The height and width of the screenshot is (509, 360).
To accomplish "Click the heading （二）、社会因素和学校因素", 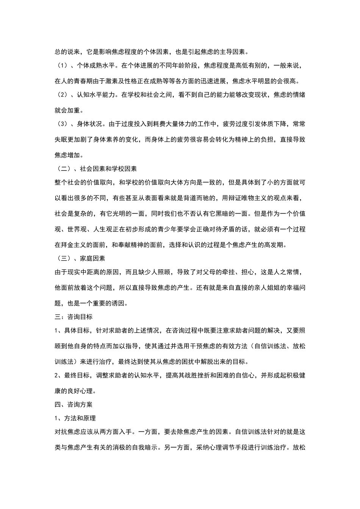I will [x=96, y=169].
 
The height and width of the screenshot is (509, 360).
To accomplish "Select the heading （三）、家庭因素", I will [x=80, y=258].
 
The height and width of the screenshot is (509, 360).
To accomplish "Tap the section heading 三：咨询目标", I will [x=74, y=317].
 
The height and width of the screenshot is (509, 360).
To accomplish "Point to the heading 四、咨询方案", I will [x=74, y=404].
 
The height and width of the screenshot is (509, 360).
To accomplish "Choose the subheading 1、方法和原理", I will [x=75, y=418].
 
